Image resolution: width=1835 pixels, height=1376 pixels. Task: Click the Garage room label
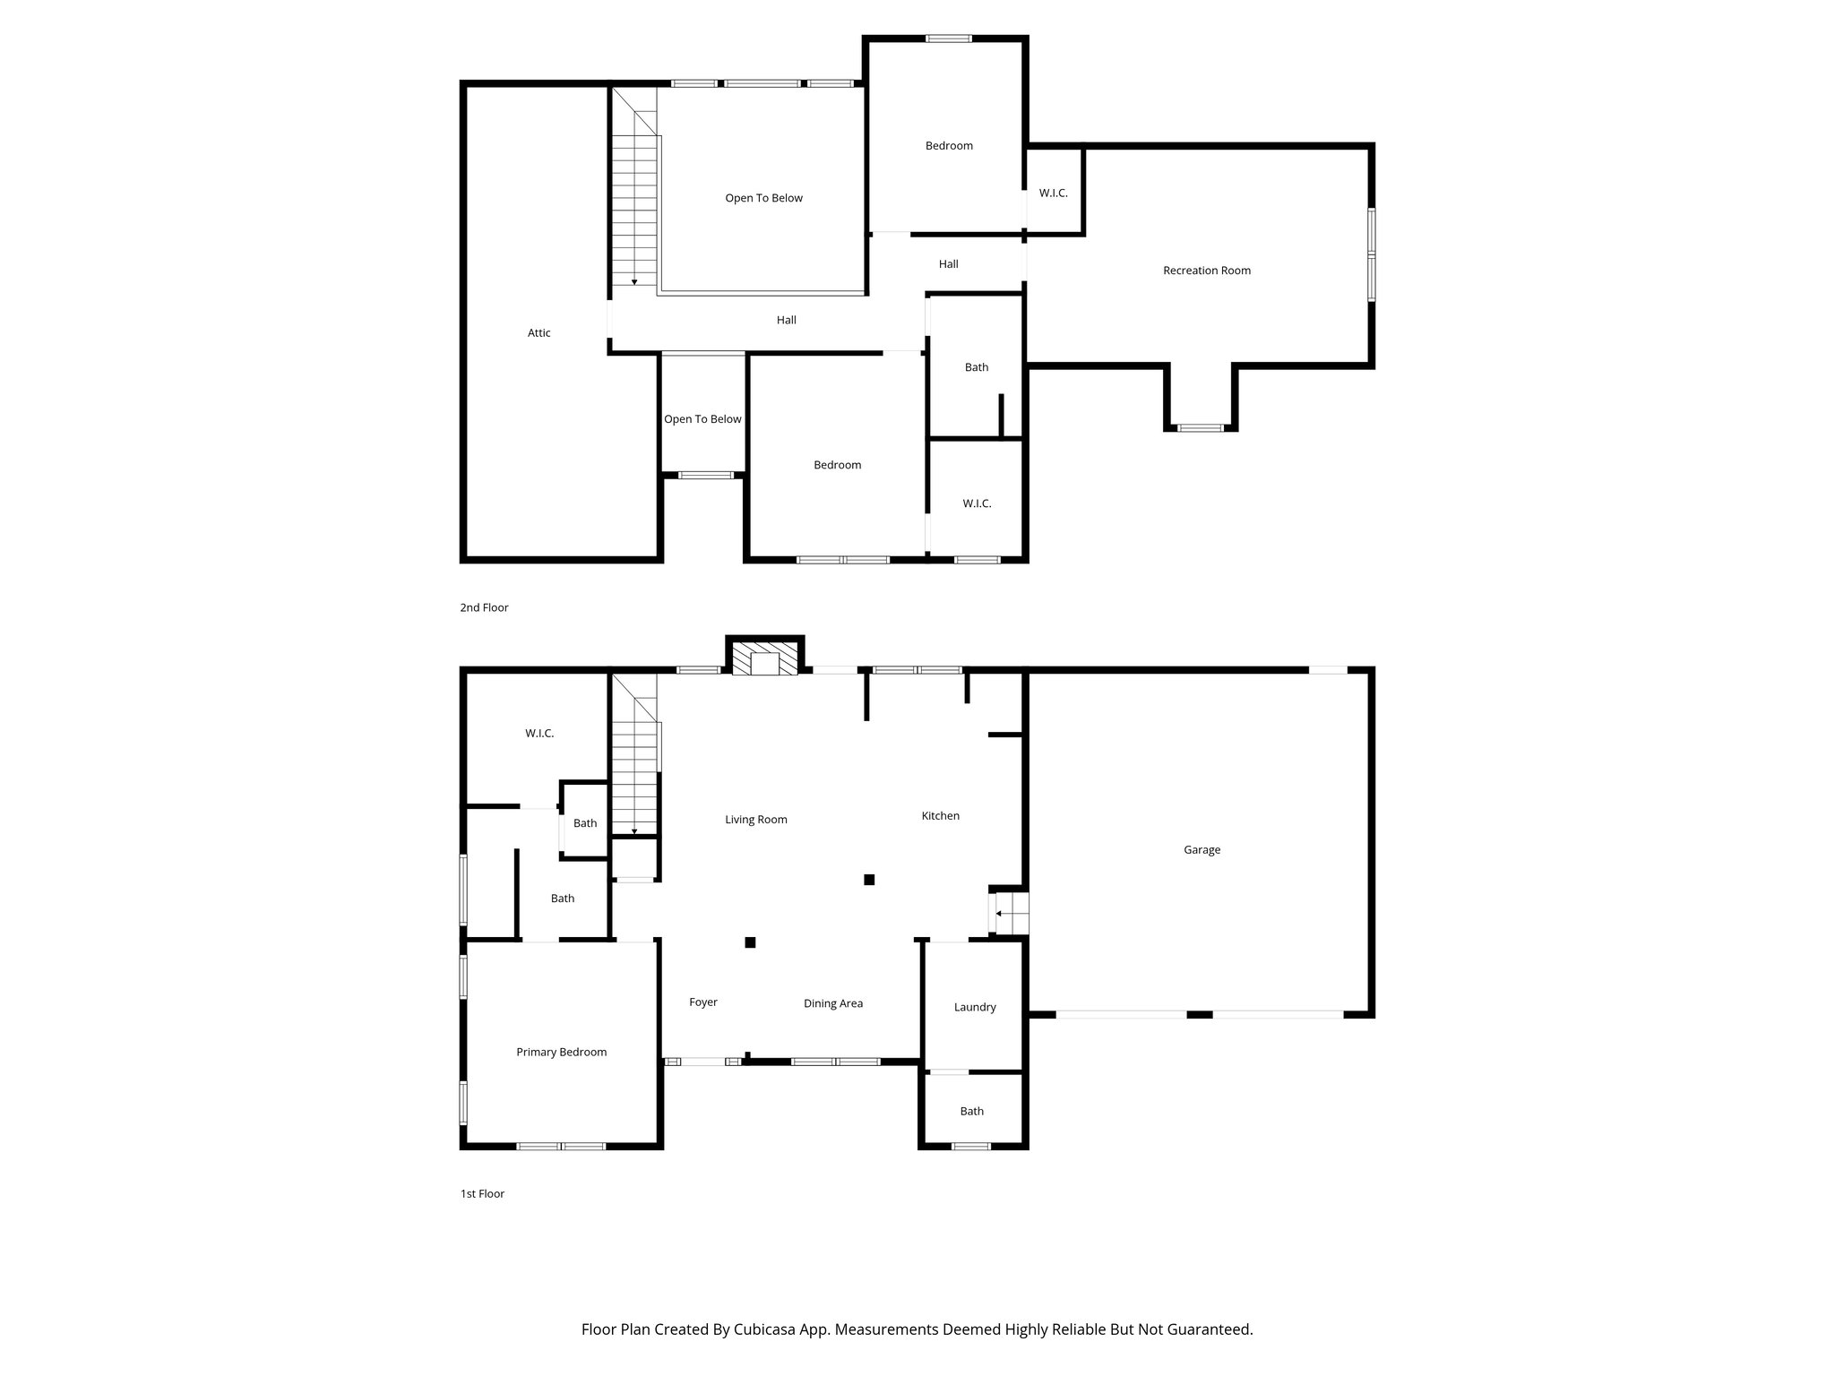point(1202,849)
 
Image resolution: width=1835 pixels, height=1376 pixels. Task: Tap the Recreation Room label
point(1206,271)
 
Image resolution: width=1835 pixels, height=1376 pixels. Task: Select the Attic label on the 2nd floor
point(538,333)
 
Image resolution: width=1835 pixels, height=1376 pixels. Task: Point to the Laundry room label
point(975,1007)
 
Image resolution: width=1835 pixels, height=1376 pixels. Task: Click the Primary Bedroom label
point(561,1052)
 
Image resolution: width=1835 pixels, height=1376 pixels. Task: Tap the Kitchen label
point(940,816)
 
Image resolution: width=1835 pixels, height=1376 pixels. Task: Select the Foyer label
point(702,1002)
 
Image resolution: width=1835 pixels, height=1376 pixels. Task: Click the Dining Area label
point(832,1003)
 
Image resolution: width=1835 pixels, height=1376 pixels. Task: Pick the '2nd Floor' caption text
point(484,607)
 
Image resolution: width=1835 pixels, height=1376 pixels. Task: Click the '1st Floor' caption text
point(482,1193)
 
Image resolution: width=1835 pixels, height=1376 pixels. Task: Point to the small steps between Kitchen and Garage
point(1011,914)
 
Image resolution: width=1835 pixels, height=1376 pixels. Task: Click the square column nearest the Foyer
point(750,942)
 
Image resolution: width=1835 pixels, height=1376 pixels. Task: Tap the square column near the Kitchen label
point(868,880)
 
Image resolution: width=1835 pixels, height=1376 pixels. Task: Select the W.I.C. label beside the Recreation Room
point(1053,193)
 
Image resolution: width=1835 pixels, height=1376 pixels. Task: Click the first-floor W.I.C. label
point(538,734)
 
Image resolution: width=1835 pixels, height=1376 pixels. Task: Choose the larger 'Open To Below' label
point(763,198)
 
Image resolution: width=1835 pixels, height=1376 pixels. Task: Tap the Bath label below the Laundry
point(971,1111)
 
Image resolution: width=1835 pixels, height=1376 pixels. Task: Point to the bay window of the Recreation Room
point(1200,427)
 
